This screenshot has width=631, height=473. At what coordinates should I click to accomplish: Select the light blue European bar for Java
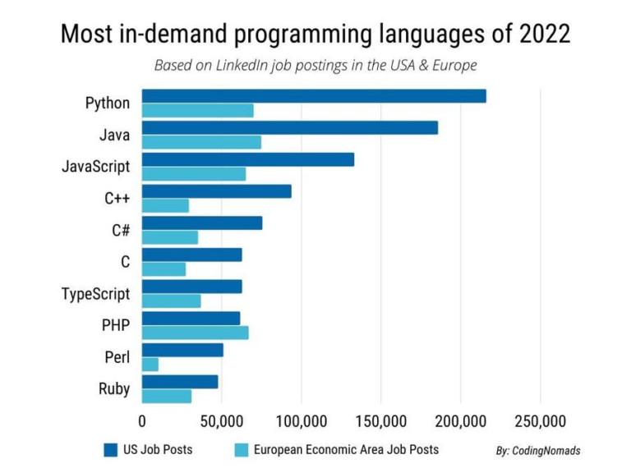click(x=201, y=142)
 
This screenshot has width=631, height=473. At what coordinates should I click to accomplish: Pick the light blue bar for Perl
click(x=150, y=364)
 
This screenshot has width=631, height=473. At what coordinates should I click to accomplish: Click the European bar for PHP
click(x=196, y=333)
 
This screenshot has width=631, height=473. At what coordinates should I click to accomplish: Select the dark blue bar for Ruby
click(x=180, y=382)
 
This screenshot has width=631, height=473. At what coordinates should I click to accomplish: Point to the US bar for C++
click(x=217, y=191)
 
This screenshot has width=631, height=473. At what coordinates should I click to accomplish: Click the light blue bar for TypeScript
click(x=172, y=301)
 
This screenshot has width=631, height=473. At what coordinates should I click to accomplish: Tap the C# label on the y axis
click(x=121, y=230)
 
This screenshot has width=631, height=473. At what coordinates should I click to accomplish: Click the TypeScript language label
click(x=96, y=293)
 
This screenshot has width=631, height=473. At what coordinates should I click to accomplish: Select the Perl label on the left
click(x=116, y=357)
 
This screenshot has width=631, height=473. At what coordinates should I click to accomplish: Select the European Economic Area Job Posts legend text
click(x=346, y=449)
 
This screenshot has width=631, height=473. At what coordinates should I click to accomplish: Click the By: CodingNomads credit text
click(x=538, y=451)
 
